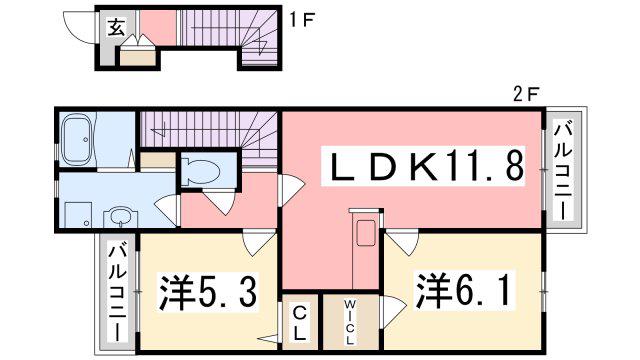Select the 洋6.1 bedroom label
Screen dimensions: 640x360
(x=463, y=291)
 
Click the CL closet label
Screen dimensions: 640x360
(x=300, y=324)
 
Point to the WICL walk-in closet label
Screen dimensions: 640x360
(x=349, y=322)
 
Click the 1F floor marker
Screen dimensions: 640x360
(x=301, y=20)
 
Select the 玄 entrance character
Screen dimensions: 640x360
(x=116, y=27)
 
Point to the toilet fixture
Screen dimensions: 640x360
(x=200, y=171)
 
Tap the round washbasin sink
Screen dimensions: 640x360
(x=120, y=217)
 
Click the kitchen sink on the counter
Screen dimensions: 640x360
(x=366, y=233)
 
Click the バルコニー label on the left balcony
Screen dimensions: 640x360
(x=117, y=293)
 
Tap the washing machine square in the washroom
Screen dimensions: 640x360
(x=79, y=215)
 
